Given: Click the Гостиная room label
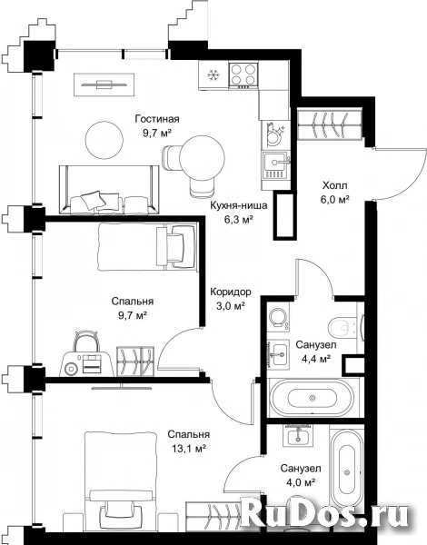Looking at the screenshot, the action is [157, 119].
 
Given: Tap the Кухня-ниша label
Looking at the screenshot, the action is [239, 206].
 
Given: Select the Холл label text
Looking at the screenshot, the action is [335, 185].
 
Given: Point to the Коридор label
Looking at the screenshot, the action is [231, 292].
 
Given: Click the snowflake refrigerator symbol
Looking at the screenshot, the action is [213, 74].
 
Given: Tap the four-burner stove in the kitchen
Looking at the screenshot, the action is [243, 74].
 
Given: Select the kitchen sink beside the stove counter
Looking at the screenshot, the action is [275, 165].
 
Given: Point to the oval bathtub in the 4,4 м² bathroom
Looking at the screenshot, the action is [313, 397].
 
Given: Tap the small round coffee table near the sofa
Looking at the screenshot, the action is [104, 140].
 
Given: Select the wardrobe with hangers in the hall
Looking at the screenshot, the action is [330, 125].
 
